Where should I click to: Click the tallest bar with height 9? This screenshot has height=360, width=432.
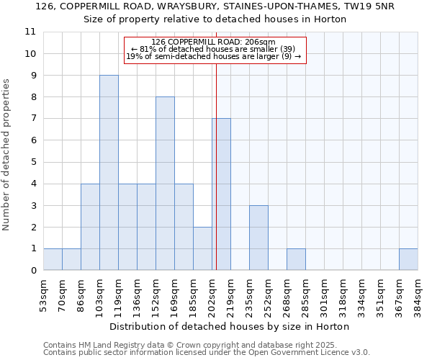click(x=109, y=173)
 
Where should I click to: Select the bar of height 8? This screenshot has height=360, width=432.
click(x=165, y=184)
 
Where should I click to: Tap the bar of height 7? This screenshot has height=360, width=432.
click(x=222, y=194)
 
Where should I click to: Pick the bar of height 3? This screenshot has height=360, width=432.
click(x=258, y=238)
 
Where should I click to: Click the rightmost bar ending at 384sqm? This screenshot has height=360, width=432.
click(x=408, y=259)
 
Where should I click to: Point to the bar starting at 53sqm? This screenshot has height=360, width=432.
click(x=53, y=259)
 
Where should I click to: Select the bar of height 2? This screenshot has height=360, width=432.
click(x=202, y=248)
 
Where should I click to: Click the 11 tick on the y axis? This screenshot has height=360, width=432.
click(x=30, y=32)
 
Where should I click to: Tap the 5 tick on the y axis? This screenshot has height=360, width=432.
click(x=33, y=162)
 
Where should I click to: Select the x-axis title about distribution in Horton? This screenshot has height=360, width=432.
click(x=230, y=326)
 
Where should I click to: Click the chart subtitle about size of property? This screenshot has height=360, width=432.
click(x=215, y=19)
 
